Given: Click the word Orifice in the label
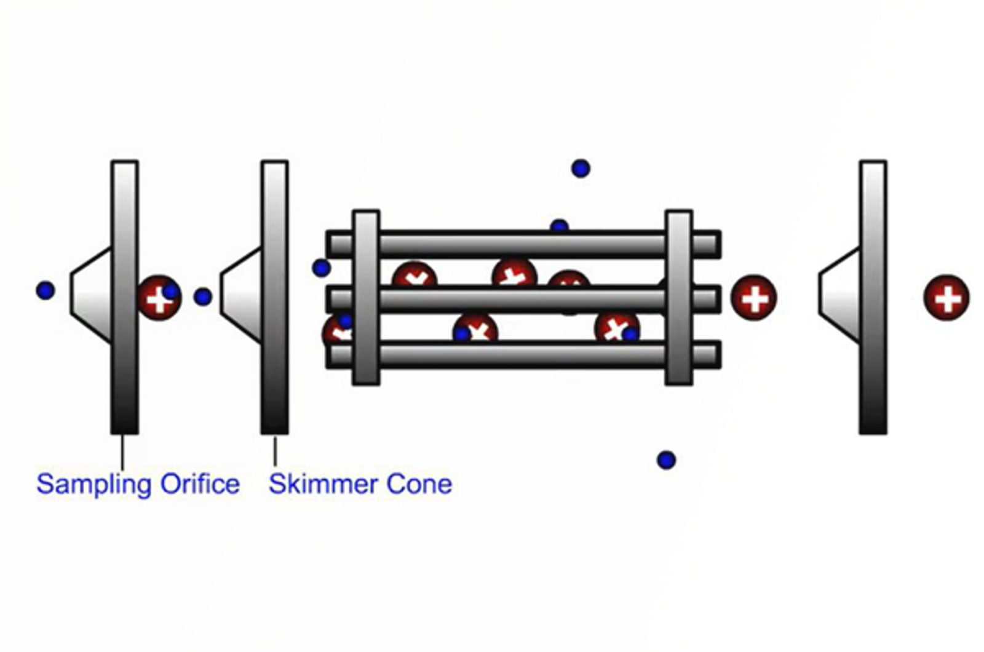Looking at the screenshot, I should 200,484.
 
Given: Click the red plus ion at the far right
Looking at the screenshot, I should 946,298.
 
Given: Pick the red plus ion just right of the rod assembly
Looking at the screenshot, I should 753,298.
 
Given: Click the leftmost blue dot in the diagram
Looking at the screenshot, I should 46,290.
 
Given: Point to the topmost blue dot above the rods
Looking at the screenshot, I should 581,168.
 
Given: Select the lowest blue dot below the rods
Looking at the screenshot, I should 666,459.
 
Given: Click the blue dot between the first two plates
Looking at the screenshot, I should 202,296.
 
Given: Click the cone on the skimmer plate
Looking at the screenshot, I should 242,295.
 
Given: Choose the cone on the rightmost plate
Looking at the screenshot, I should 840,295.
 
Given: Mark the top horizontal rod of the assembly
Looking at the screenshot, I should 523,244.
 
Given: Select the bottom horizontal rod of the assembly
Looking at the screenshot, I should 523,355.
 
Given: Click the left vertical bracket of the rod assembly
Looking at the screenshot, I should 366,298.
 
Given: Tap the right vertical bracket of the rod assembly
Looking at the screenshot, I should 678,298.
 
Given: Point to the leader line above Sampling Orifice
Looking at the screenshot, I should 122,452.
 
